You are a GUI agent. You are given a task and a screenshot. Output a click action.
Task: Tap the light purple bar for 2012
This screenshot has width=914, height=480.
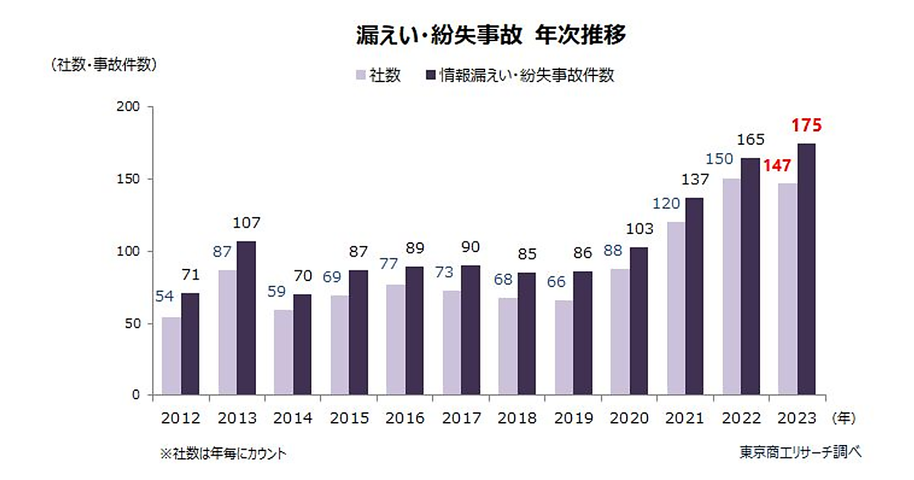point(171,356)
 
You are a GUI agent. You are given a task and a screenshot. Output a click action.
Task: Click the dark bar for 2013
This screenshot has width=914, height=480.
point(246,318)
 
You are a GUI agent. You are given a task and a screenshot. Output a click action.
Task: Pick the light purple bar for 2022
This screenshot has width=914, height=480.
point(731,286)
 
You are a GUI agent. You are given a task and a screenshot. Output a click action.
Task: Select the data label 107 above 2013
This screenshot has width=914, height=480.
point(246,224)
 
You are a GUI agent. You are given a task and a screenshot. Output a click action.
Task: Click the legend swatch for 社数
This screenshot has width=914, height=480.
point(360,75)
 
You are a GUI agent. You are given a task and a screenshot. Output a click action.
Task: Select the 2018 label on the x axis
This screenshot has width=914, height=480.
point(517,418)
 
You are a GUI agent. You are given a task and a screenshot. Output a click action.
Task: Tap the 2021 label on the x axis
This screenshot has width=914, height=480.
point(685,418)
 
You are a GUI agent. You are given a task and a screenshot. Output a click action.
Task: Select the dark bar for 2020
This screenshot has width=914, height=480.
point(638,321)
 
